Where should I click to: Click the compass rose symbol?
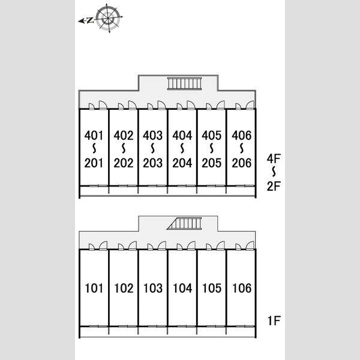tap(109, 19)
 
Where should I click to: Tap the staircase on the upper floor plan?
tap(185, 83)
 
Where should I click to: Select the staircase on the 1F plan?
tap(184, 223)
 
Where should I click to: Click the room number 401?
tap(94, 136)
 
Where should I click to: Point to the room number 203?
tap(152, 163)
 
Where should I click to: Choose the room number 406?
tap(242, 136)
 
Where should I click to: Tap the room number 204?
tap(182, 163)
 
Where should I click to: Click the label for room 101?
tap(94, 288)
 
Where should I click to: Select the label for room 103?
tap(153, 288)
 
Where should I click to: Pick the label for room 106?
tap(242, 288)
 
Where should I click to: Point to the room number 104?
tap(182, 288)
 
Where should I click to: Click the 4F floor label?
tap(274, 158)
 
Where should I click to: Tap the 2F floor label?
tap(274, 186)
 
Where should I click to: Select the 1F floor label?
tap(274, 321)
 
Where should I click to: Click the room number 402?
tap(123, 136)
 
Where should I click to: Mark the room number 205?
tap(211, 163)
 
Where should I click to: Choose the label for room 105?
tap(212, 288)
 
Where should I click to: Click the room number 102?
tap(124, 288)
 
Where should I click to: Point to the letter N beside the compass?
tap(91, 20)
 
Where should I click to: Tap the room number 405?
tap(211, 136)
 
